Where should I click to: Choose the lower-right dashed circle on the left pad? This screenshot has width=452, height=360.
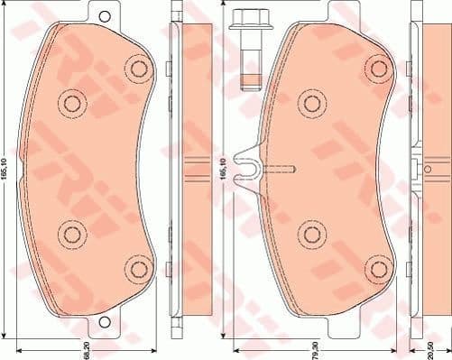point(137,268)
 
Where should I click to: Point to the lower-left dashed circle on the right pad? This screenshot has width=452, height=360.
point(311,234)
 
